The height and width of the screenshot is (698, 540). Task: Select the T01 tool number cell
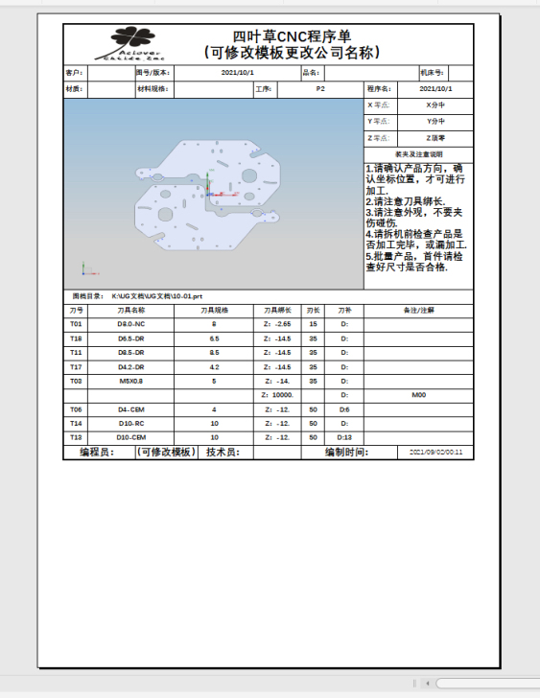click(x=76, y=324)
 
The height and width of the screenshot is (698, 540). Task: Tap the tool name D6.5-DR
click(x=131, y=338)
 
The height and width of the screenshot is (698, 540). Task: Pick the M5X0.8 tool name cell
click(x=131, y=381)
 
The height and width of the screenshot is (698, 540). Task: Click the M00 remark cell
click(x=418, y=394)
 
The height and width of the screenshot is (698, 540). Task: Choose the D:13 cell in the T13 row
click(x=345, y=436)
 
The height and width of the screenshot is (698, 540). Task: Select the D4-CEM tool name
click(x=131, y=408)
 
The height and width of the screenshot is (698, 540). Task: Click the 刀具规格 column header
click(x=214, y=311)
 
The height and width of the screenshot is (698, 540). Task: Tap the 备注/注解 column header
click(x=419, y=311)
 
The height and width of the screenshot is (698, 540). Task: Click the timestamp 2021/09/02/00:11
click(x=435, y=452)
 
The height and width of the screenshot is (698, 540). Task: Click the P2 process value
click(x=319, y=88)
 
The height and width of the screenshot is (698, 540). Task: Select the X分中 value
click(x=435, y=105)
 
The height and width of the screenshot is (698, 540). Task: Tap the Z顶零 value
click(x=435, y=138)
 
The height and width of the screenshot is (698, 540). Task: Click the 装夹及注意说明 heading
click(x=419, y=153)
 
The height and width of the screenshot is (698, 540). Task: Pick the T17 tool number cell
click(x=76, y=366)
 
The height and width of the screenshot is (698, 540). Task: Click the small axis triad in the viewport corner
click(x=84, y=269)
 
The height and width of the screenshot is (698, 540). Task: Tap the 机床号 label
click(x=432, y=72)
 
